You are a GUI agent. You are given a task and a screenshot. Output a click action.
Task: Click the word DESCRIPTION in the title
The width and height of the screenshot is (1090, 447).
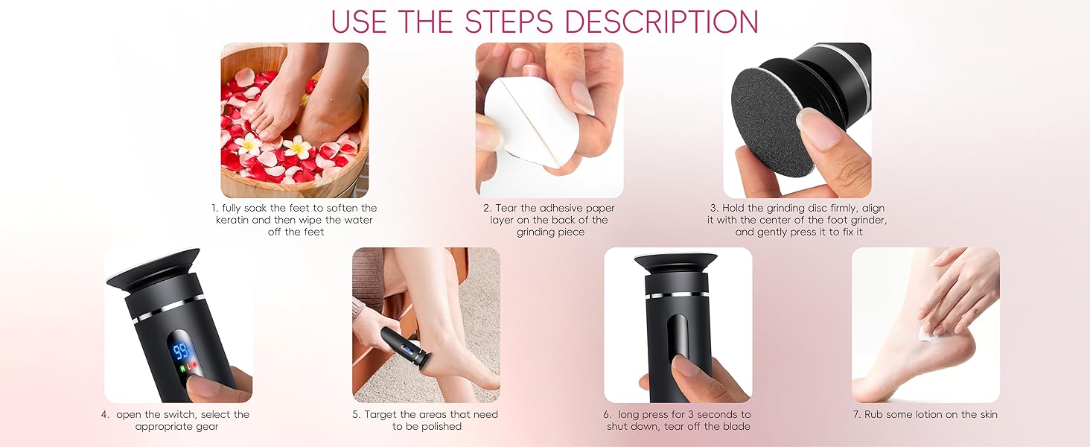coord(662,22)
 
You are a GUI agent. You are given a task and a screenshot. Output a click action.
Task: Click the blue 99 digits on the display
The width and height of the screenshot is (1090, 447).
coord(180,350)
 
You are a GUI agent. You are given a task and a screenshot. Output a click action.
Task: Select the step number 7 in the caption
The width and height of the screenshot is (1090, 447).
coord(857,414)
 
